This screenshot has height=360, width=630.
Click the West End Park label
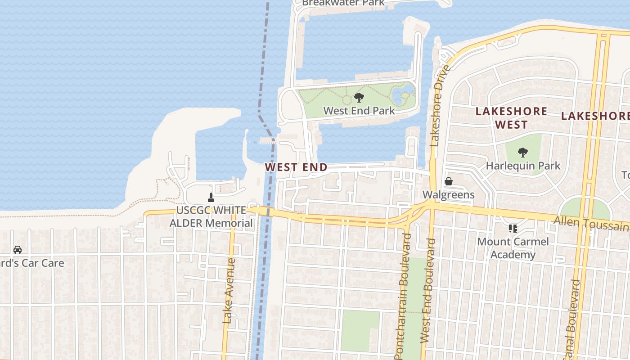(x=359, y=110)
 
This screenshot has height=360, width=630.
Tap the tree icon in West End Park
(x=359, y=97)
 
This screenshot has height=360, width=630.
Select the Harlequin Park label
(x=523, y=166)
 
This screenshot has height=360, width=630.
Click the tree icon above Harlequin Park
(x=522, y=153)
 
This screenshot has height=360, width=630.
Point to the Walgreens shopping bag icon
(x=449, y=181)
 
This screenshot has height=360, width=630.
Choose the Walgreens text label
(x=448, y=194)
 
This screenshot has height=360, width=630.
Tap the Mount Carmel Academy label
(x=513, y=248)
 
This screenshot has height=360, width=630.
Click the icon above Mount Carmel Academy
(x=513, y=229)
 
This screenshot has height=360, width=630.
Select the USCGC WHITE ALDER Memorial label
(x=211, y=216)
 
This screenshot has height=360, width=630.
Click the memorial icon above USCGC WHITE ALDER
(x=211, y=197)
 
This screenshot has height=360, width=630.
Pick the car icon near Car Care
(x=18, y=249)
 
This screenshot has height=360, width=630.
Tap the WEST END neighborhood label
(x=296, y=167)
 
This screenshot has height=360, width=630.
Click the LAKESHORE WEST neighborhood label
(x=511, y=117)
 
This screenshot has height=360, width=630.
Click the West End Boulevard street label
(x=428, y=292)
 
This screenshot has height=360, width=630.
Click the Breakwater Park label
(x=343, y=3)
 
